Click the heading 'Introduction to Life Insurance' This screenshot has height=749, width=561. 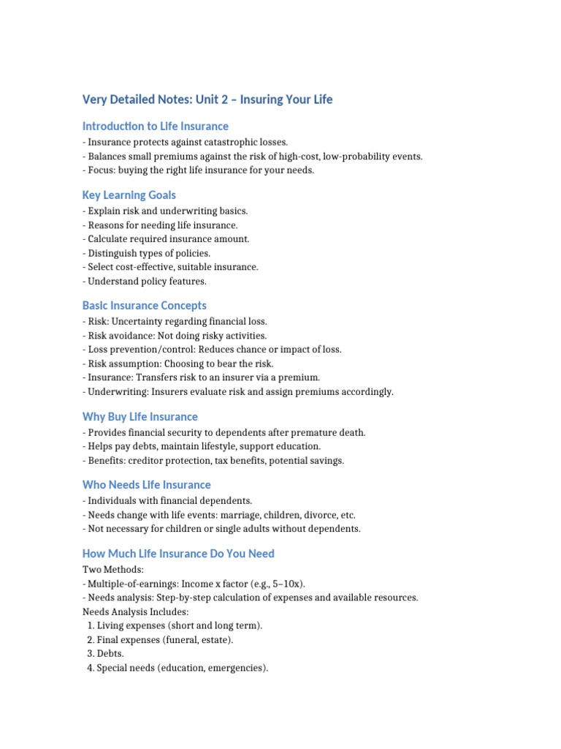tap(155, 126)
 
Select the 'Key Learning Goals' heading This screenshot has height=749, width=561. tap(129, 195)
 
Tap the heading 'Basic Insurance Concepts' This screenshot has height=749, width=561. tap(144, 306)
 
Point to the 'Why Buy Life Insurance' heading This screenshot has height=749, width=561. tap(140, 417)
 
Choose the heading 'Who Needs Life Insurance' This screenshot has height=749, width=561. tap(146, 485)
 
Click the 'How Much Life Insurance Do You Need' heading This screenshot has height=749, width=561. tap(178, 554)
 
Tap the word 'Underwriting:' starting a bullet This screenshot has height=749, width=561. tap(118, 391)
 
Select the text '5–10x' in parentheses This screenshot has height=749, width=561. tap(289, 583)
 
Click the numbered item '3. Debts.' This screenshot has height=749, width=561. tap(105, 653)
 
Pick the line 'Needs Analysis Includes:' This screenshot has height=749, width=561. tap(136, 611)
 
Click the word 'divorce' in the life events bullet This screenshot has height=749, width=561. tap(313, 515)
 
